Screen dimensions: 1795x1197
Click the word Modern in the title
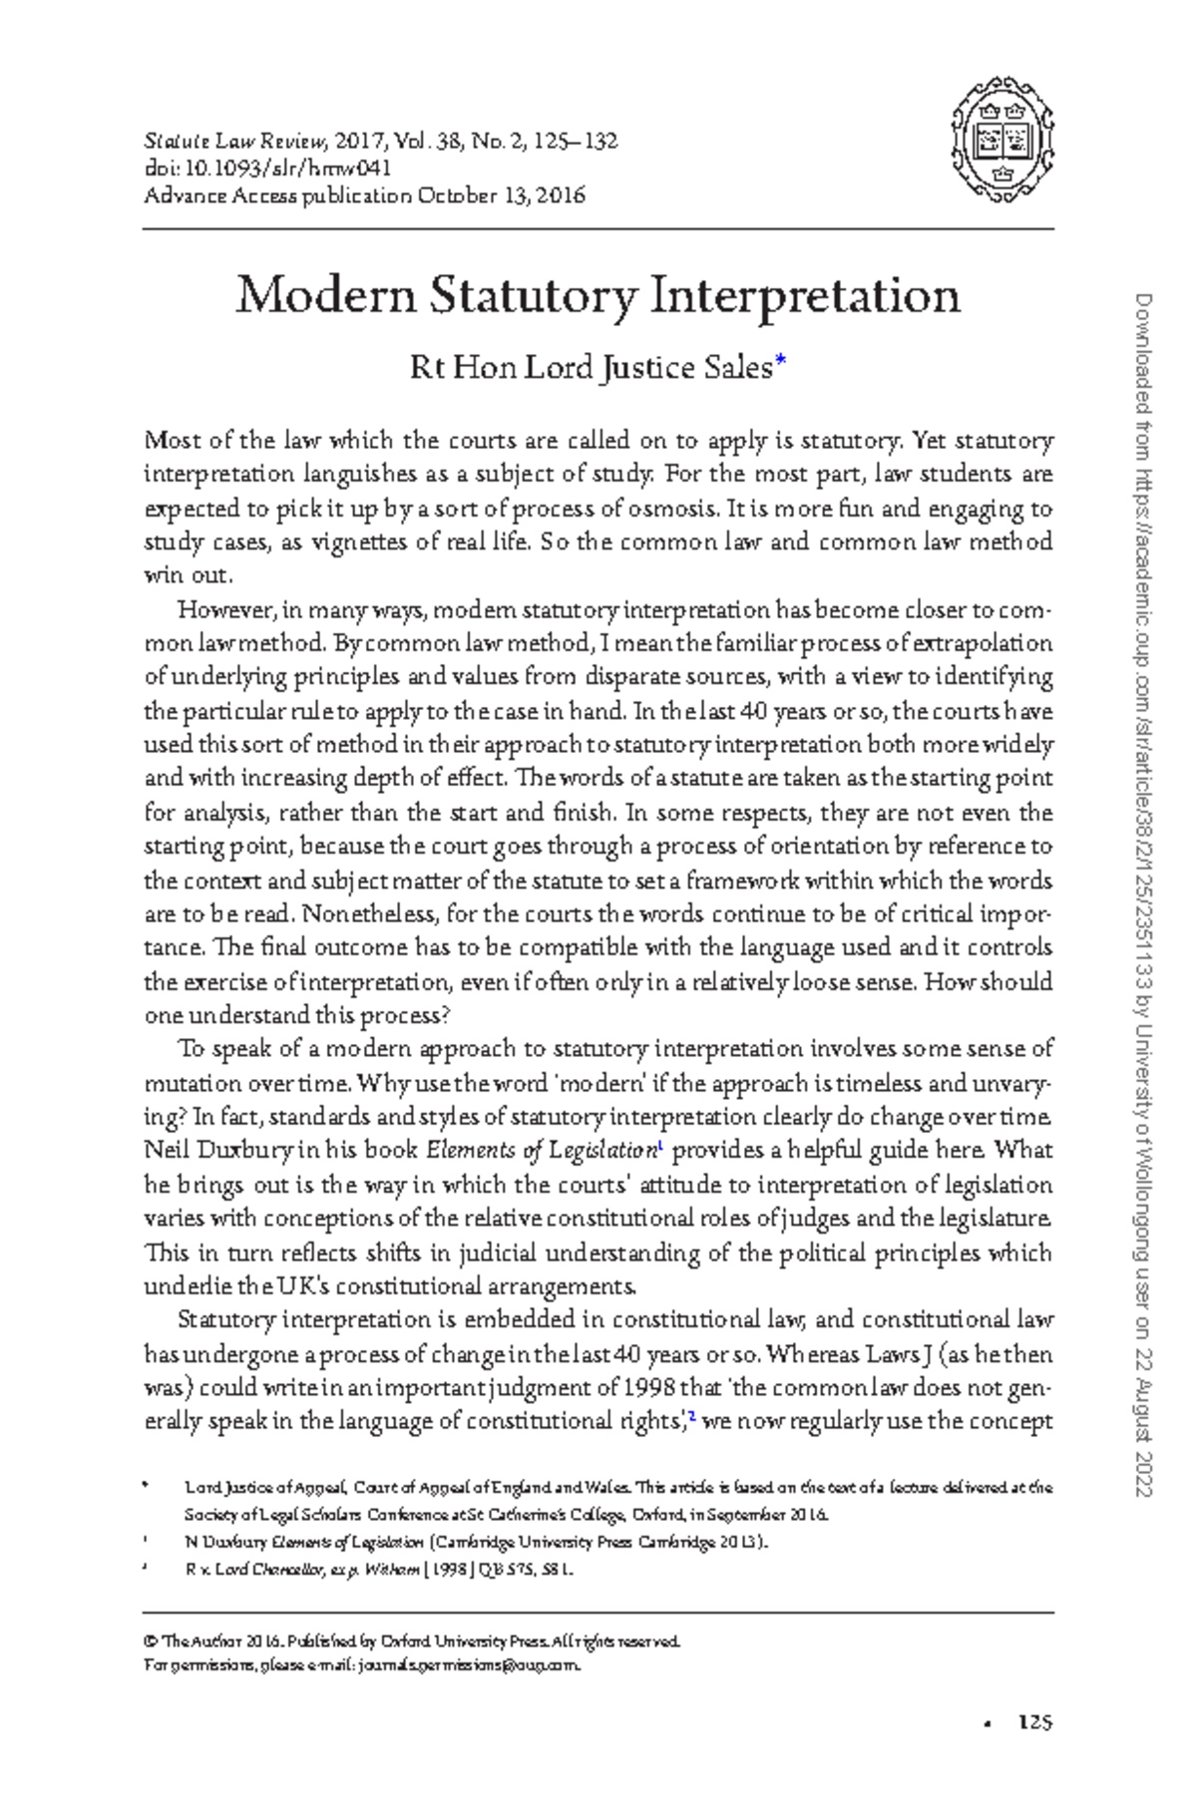point(324,295)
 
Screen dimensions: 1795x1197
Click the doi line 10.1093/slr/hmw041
point(267,168)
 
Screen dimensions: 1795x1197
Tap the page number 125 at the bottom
point(1034,1722)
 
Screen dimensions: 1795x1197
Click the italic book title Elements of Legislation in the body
point(540,1151)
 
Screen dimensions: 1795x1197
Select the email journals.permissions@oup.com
point(469,1665)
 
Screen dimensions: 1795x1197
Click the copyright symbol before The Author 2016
point(151,1641)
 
